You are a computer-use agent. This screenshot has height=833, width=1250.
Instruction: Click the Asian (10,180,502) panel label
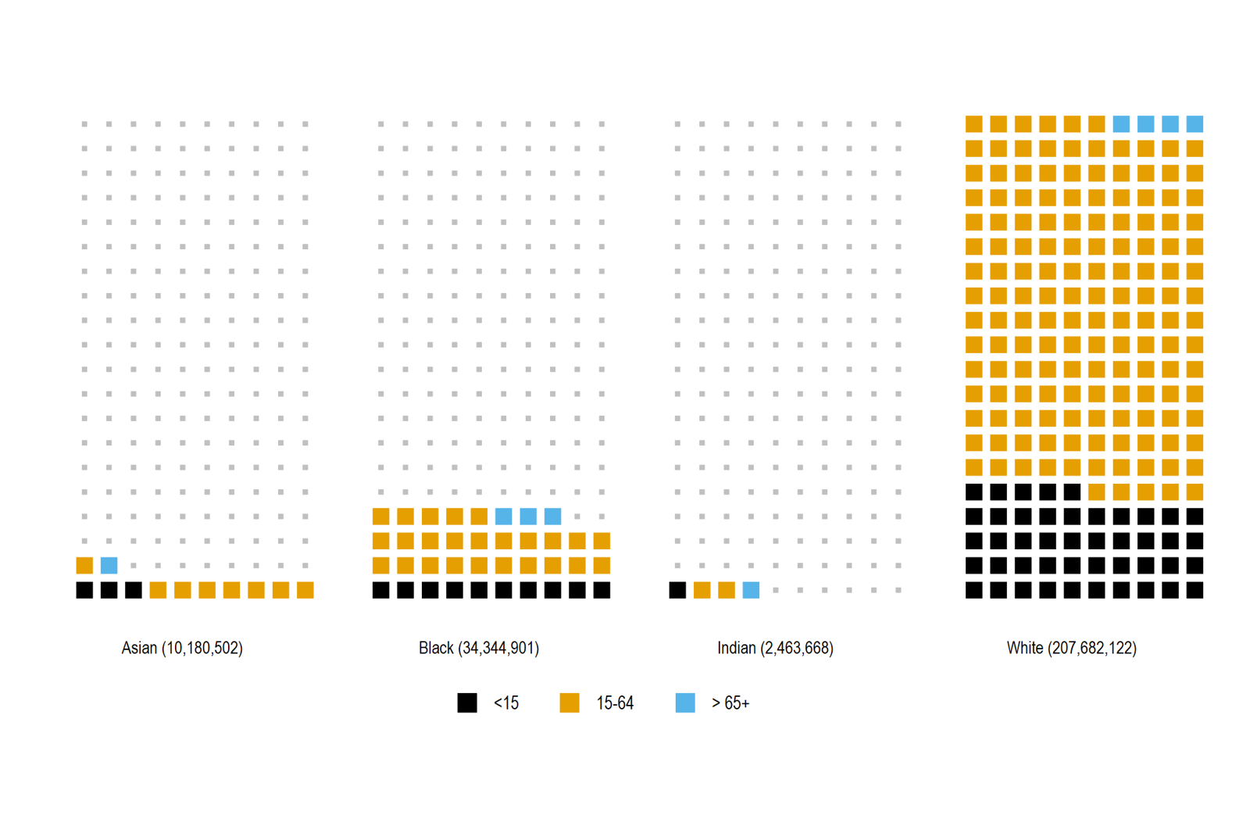click(182, 648)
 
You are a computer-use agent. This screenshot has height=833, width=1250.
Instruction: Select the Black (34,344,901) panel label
click(478, 648)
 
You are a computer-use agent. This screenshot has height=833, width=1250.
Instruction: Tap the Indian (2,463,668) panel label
click(775, 648)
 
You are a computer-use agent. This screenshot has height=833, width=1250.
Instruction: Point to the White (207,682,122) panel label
click(1071, 648)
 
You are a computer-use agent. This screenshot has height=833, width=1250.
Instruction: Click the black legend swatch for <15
click(467, 703)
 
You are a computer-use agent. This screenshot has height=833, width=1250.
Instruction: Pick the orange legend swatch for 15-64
click(570, 703)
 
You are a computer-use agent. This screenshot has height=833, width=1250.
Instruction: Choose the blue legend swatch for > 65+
click(685, 703)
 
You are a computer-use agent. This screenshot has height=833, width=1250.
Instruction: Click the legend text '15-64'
click(615, 703)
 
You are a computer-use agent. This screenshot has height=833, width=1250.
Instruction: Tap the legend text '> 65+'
click(730, 703)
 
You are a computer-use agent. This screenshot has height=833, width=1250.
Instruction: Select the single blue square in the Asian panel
click(109, 565)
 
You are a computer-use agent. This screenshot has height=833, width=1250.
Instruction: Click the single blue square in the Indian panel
click(751, 590)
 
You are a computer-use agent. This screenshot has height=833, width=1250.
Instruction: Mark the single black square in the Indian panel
click(677, 590)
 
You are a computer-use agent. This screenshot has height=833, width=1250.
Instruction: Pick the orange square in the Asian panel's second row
click(84, 565)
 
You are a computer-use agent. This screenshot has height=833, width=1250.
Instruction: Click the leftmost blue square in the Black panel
click(504, 516)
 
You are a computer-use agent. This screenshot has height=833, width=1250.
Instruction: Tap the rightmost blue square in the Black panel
click(552, 516)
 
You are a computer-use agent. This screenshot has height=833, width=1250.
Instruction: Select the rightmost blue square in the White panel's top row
click(1195, 123)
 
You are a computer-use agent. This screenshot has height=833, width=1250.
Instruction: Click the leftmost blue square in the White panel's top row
click(1121, 123)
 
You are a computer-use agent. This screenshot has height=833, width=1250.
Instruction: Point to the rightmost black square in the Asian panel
click(134, 590)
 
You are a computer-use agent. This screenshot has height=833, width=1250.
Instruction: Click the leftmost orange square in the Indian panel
click(702, 590)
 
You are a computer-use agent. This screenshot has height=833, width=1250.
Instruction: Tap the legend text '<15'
click(505, 703)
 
